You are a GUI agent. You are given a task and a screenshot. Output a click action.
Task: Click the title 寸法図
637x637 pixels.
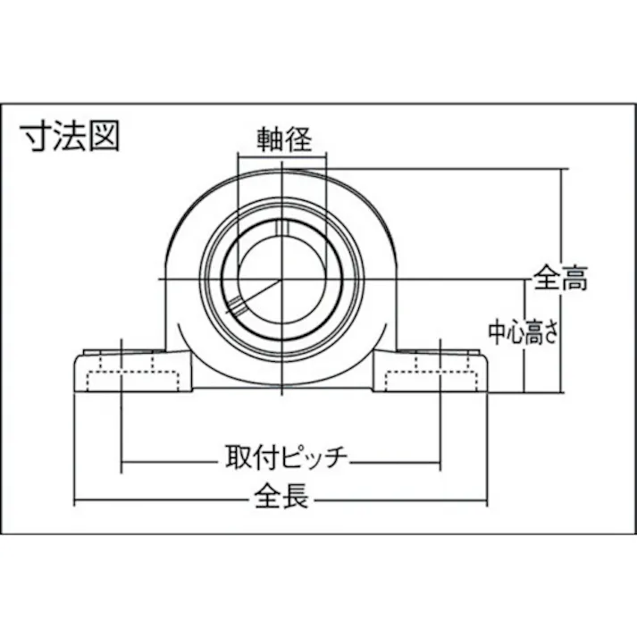pos(70,138)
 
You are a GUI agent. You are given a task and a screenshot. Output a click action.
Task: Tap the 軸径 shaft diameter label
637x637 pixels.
pos(281,140)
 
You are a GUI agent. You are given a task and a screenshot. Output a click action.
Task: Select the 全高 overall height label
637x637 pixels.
pos(561,279)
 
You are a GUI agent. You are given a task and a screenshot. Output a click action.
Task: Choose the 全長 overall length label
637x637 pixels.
pos(281,497)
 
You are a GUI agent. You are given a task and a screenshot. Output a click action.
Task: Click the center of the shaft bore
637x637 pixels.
pos(281,280)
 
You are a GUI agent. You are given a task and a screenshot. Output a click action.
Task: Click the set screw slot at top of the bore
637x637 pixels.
pos(281,228)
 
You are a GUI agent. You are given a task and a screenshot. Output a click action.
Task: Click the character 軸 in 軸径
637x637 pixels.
pos(266,140)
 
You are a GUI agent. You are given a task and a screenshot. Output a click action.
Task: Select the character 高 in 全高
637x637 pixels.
pos(574,279)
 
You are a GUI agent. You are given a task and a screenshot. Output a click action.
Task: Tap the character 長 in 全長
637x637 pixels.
pos(297,497)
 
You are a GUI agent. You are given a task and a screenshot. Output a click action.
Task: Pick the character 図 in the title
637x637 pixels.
pos(104,138)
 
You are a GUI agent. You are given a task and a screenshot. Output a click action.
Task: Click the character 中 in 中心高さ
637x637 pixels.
pos(496,332)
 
